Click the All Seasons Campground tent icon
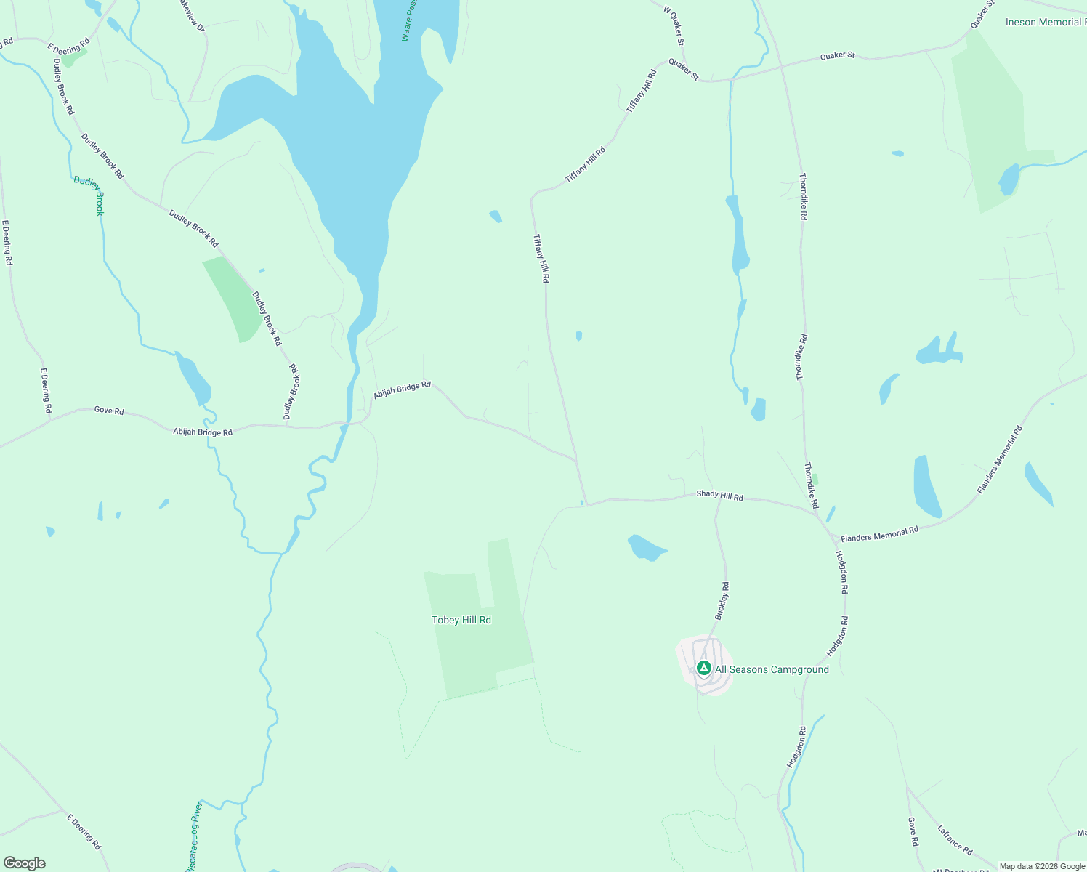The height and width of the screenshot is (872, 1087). (x=703, y=668)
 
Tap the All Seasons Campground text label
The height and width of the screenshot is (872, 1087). (x=772, y=669)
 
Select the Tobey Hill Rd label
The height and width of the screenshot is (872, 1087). (x=461, y=620)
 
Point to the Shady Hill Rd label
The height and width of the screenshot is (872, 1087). (x=719, y=496)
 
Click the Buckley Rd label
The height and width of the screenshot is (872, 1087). (x=722, y=600)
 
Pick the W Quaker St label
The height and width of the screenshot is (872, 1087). (x=674, y=26)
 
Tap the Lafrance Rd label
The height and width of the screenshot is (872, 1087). (x=955, y=839)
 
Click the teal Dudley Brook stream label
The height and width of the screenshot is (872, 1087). (x=89, y=195)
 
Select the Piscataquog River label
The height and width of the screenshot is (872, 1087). (x=193, y=836)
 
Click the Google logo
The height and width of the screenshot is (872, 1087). (x=25, y=863)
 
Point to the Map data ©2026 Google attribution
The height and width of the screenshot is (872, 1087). (x=1042, y=866)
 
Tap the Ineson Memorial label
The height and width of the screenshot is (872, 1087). (x=1045, y=22)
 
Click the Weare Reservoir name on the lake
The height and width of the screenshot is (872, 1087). (x=408, y=20)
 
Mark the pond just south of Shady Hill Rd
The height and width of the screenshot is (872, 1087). (x=645, y=547)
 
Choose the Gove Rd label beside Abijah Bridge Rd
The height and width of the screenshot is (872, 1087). (x=109, y=411)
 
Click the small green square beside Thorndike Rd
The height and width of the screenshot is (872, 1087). (x=815, y=479)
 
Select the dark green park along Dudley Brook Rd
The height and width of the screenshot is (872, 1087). (x=234, y=296)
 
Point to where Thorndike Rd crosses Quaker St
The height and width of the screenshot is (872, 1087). (x=781, y=67)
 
